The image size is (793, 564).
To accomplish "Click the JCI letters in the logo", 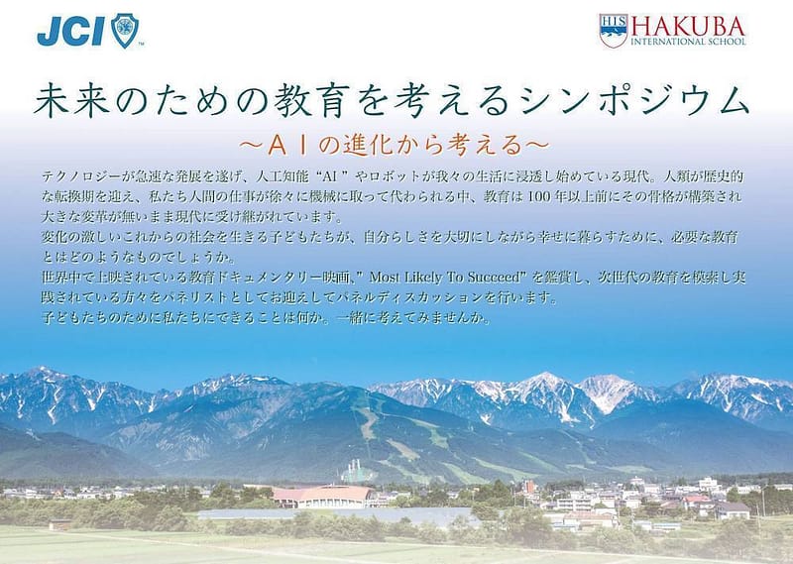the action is click(70, 32).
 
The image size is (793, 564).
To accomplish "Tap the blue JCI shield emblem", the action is click(125, 31).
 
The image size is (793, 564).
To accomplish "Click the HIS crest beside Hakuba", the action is click(614, 31).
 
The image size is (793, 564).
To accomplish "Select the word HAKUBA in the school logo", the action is click(688, 27).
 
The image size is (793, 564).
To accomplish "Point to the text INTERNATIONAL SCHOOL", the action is click(688, 42).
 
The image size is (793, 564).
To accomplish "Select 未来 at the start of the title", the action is click(70, 99).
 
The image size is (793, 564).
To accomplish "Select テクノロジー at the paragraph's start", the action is click(81, 176).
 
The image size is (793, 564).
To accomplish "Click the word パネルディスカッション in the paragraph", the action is click(408, 297).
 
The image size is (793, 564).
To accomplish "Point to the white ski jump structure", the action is click(357, 471).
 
